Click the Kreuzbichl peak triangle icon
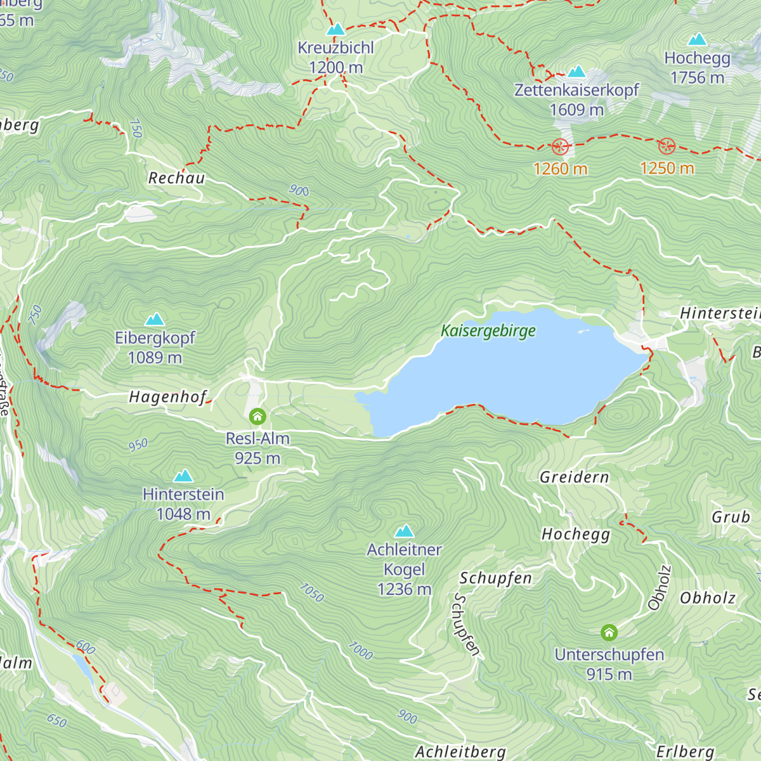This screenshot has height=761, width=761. [x=335, y=30]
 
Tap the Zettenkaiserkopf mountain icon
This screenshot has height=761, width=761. [x=576, y=72]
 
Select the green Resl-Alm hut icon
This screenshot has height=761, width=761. [x=257, y=417]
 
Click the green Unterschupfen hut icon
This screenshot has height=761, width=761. [x=609, y=632]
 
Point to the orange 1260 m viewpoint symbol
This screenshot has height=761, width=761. [x=560, y=147]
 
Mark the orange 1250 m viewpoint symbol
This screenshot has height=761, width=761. [x=667, y=146]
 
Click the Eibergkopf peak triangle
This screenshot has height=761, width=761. [x=155, y=320]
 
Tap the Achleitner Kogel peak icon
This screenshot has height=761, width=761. [x=404, y=531]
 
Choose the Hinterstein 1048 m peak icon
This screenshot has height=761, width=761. [x=183, y=476]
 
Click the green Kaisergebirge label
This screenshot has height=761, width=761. [x=488, y=330]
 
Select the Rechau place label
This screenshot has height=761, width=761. [x=177, y=178]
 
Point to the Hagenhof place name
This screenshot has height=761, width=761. [x=168, y=398]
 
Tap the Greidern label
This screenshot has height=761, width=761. [x=575, y=478]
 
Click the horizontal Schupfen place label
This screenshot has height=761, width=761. [x=496, y=578]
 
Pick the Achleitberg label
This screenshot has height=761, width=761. [x=460, y=752]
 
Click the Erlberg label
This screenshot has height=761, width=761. [x=686, y=752]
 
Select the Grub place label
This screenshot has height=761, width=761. [x=731, y=517]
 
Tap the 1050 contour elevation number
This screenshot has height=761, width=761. [x=311, y=593]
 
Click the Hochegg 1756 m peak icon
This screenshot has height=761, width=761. [x=697, y=40]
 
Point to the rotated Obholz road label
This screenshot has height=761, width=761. [x=660, y=588]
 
